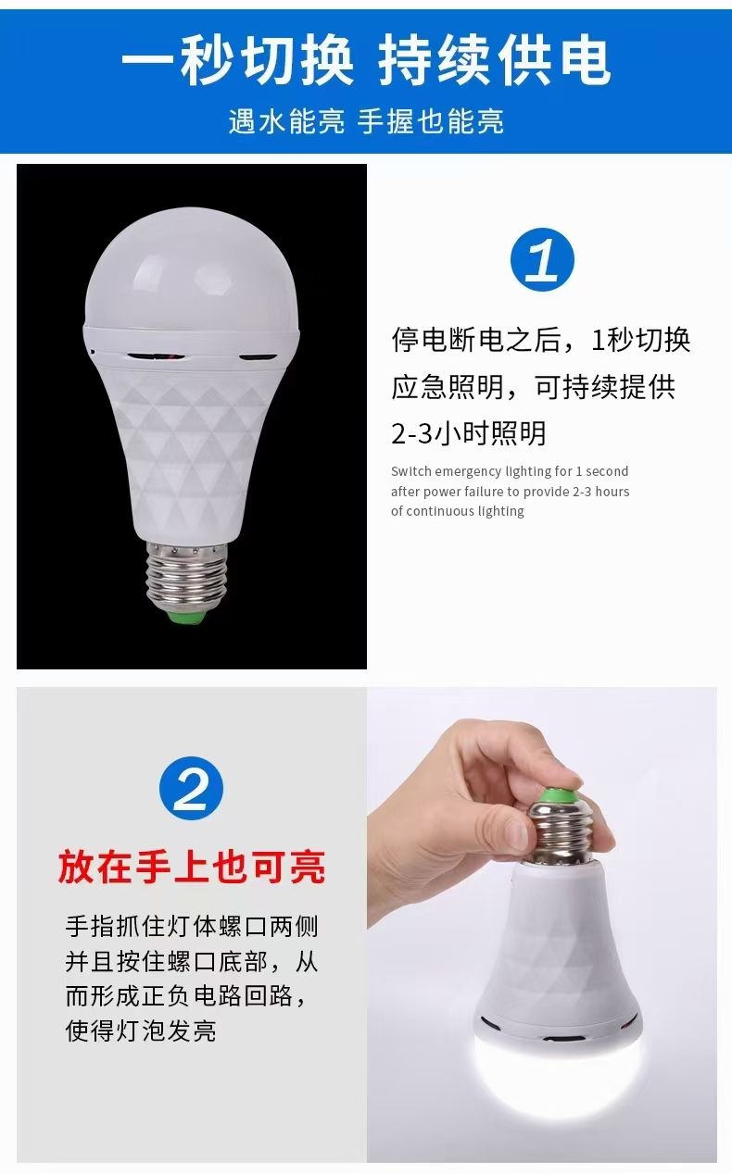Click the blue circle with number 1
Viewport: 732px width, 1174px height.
(542, 259)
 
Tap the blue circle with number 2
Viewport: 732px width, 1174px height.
(192, 788)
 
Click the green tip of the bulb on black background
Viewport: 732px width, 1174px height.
(185, 616)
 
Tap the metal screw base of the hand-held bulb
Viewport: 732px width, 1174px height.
(562, 833)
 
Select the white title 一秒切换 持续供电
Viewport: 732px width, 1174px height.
(366, 60)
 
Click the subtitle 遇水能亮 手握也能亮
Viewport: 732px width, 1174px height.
(366, 121)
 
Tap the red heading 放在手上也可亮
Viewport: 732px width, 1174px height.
(192, 867)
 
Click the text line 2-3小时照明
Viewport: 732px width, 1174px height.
(468, 433)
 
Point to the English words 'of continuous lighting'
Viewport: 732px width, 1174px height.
(457, 511)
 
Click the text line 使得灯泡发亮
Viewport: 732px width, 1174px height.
(141, 1030)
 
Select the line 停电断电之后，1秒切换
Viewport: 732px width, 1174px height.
(540, 339)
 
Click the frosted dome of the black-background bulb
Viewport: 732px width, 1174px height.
(192, 268)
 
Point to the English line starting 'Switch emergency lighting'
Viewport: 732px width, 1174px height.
(510, 471)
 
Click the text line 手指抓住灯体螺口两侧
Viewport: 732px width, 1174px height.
(192, 927)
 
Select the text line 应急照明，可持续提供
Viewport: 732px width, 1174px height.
(534, 387)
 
